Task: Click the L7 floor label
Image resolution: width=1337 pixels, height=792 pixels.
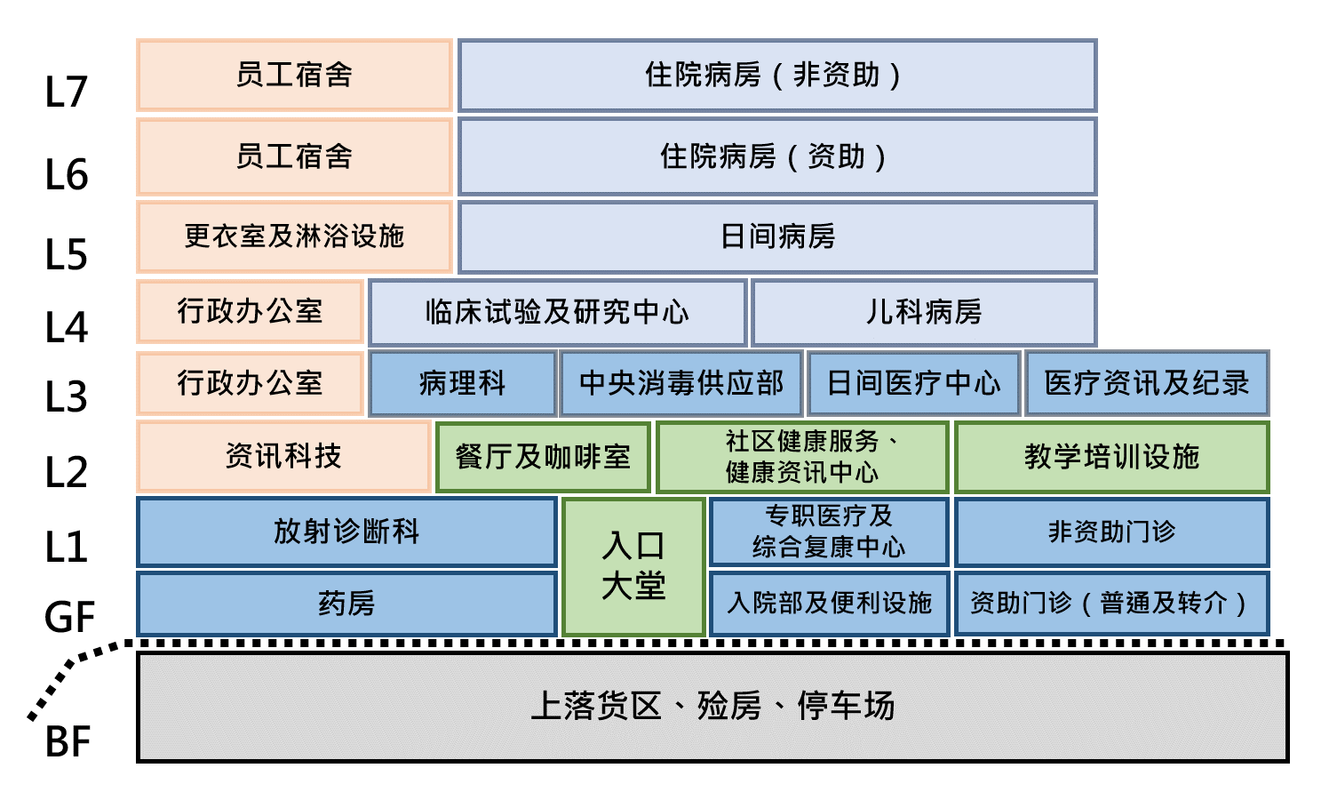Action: coord(67,92)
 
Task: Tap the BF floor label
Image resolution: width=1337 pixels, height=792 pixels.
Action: coord(68,741)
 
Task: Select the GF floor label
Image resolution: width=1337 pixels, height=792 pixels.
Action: coord(69,617)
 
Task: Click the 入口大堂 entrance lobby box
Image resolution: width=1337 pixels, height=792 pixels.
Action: coord(634,567)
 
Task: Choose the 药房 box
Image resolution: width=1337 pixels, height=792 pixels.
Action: coord(346,604)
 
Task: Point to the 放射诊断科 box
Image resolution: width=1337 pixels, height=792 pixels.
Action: coord(346,532)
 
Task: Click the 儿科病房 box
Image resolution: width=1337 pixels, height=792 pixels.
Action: coord(924,312)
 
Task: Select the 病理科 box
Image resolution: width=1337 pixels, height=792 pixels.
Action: coord(463,383)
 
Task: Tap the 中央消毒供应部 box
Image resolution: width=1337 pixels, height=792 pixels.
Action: coord(681,383)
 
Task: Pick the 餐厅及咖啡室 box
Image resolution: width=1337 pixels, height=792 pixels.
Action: coord(543,457)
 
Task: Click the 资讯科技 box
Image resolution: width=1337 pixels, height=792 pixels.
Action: coord(283,456)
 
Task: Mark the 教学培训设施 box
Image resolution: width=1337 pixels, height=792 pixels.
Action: coord(1112,457)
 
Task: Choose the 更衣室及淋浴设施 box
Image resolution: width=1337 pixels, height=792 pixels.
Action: coord(294,236)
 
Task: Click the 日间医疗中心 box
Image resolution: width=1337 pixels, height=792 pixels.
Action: coord(913,383)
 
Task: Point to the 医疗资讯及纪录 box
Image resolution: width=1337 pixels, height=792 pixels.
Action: coord(1147,383)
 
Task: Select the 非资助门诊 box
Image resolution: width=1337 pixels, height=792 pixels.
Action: coord(1112,532)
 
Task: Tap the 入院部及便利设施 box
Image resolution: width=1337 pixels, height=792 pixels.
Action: coord(829,604)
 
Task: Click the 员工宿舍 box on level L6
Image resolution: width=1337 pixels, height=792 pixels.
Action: coord(294,156)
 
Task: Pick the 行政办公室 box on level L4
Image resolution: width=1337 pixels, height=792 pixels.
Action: coord(250,312)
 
